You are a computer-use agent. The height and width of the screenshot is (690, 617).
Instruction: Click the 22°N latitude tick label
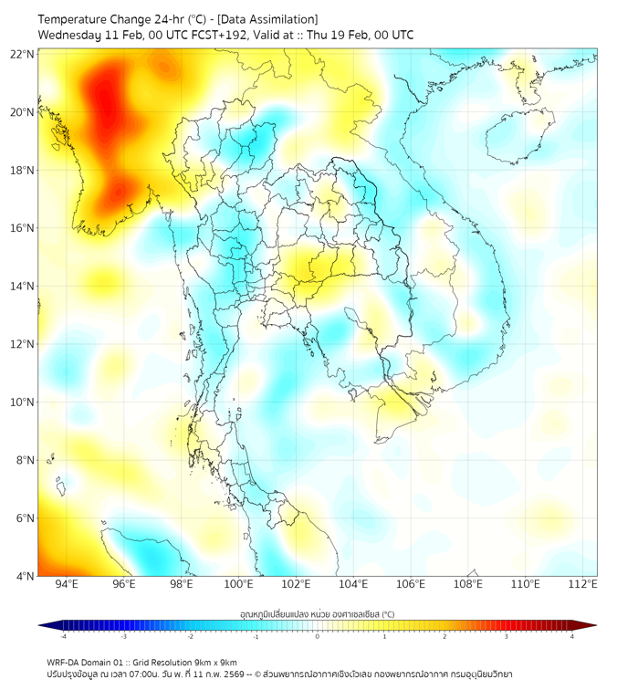pyautogui.click(x=23, y=54)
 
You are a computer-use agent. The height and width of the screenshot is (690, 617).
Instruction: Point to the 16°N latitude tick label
pyautogui.click(x=23, y=228)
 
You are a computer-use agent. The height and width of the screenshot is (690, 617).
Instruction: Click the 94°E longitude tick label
pyautogui.click(x=67, y=584)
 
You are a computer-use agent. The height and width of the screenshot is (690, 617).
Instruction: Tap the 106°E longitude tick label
pyautogui.click(x=411, y=584)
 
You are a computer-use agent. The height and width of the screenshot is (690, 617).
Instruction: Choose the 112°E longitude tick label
pyautogui.click(x=582, y=584)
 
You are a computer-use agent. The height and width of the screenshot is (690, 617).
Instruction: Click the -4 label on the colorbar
pyautogui.click(x=62, y=636)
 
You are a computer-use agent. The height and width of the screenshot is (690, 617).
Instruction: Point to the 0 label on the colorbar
pyautogui.click(x=318, y=636)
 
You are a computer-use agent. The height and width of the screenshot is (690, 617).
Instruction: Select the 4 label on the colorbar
pyautogui.click(x=571, y=636)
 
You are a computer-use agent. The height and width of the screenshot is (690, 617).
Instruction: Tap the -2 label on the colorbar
pyautogui.click(x=190, y=636)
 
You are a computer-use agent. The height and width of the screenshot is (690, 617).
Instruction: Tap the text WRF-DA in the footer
pyautogui.click(x=65, y=662)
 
